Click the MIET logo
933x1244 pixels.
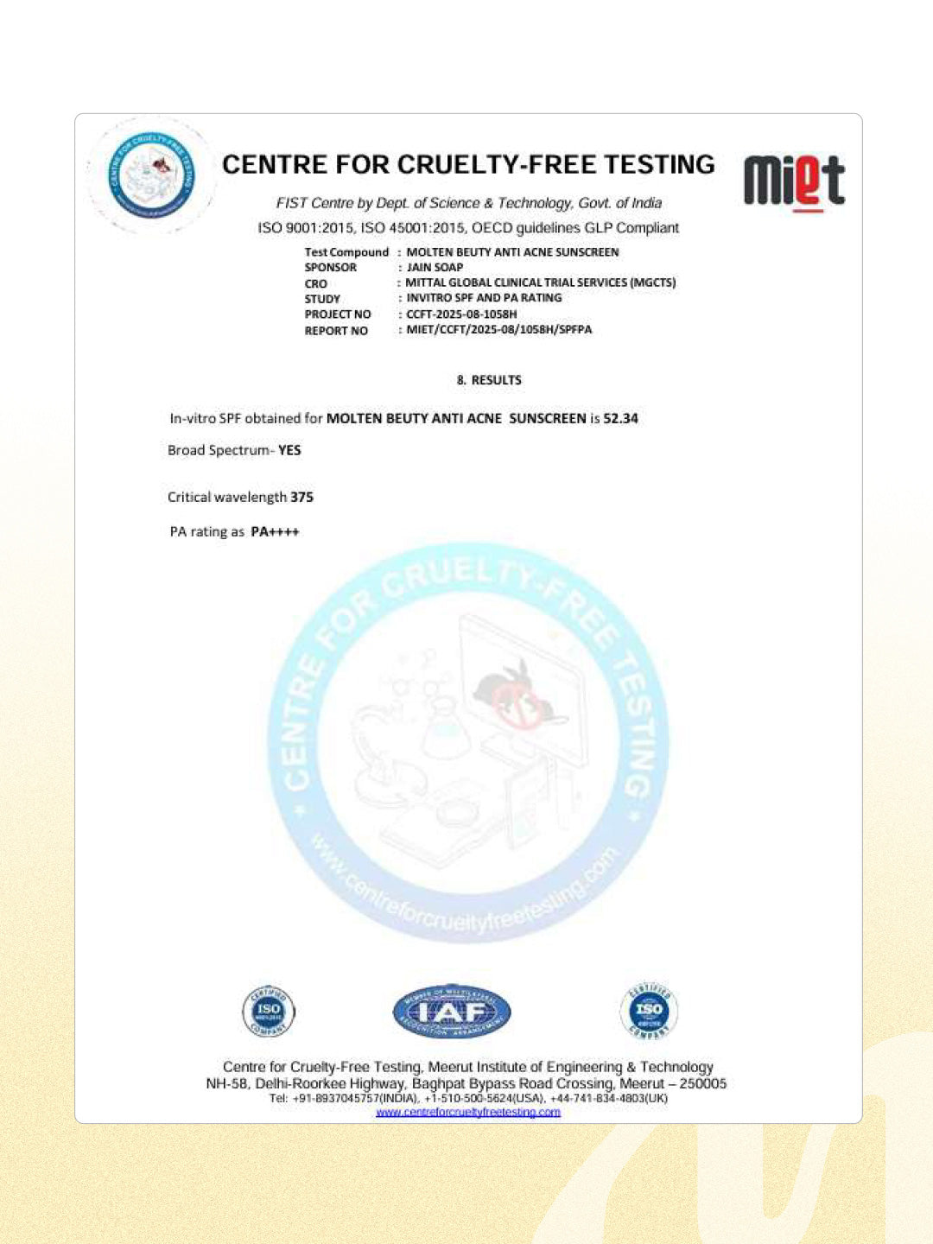click(794, 181)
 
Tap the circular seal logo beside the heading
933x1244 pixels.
click(151, 175)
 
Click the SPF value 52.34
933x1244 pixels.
click(620, 418)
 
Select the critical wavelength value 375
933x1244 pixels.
click(301, 497)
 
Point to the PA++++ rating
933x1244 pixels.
click(275, 531)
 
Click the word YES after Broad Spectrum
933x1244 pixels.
click(289, 450)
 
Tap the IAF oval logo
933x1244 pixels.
click(451, 1011)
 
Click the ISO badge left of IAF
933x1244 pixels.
click(269, 1010)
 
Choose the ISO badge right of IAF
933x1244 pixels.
click(649, 1010)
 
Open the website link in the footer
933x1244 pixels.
click(467, 1112)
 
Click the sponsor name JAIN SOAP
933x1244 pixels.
click(435, 267)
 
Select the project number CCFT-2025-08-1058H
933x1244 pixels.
click(461, 314)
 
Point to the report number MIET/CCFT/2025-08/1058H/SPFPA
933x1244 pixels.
click(498, 329)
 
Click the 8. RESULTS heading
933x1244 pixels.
click(489, 380)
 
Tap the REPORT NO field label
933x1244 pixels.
click(336, 330)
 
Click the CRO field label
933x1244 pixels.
click(315, 283)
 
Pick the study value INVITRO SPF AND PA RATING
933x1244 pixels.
click(484, 298)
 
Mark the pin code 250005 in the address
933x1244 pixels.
click(702, 1083)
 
